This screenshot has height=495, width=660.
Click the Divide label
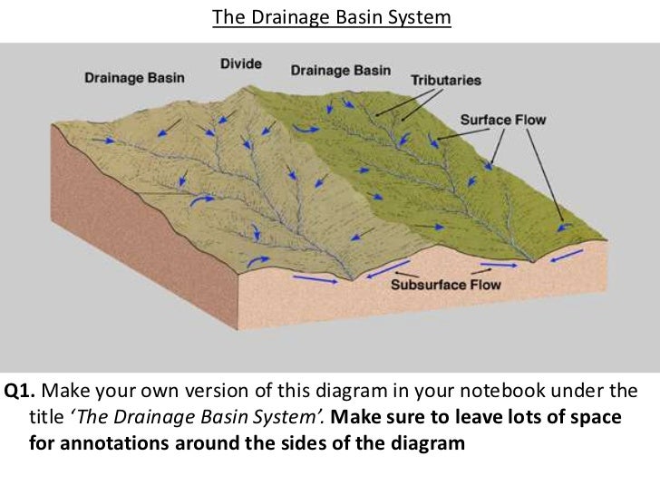tap(240, 64)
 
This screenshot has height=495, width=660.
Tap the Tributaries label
tap(446, 81)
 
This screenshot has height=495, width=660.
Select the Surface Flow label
tap(503, 120)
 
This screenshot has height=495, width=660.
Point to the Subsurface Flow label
tap(445, 285)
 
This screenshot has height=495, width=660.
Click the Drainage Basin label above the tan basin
tap(134, 77)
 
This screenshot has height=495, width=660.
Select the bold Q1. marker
tap(20, 393)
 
